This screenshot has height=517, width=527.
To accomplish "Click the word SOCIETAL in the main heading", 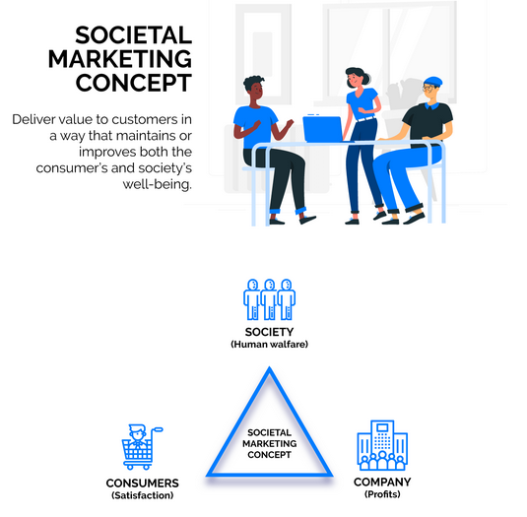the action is [133, 35].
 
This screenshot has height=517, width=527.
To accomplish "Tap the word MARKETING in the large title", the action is [120, 59].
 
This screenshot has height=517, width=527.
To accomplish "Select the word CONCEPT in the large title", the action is [134, 83].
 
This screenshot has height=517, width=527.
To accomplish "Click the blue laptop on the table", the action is [323, 129].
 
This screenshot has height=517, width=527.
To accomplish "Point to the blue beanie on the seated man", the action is [432, 82].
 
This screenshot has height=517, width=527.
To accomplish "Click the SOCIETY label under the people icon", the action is [269, 332].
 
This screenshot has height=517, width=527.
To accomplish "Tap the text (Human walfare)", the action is [269, 345].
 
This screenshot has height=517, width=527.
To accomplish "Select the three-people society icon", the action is [269, 299].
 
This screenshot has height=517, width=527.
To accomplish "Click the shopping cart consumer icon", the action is [142, 447].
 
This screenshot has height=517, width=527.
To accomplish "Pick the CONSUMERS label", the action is [143, 484].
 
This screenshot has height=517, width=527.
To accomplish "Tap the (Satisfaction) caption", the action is [143, 495].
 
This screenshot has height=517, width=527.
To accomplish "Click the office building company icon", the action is [382, 445].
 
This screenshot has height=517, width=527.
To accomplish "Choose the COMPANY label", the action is [382, 483].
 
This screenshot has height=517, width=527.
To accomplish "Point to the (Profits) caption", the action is [382, 494].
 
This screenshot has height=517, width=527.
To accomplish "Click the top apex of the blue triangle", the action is [269, 368].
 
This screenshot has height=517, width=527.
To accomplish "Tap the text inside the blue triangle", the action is [269, 443].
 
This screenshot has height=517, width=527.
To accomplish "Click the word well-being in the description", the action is [158, 184].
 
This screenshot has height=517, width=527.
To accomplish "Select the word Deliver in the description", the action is [33, 119].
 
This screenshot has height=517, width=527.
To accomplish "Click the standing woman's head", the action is [357, 78].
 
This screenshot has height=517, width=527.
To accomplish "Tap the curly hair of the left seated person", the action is [253, 82].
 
